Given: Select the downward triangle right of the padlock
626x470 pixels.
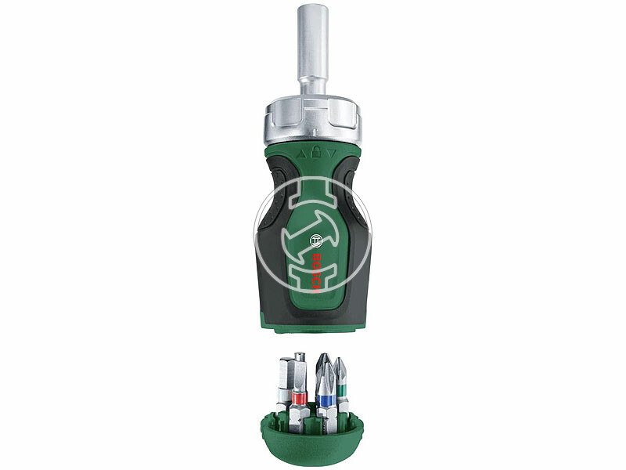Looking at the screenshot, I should (328, 155).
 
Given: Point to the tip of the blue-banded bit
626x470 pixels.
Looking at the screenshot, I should (322, 358).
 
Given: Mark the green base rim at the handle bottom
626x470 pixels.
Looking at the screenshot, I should (312, 322).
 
